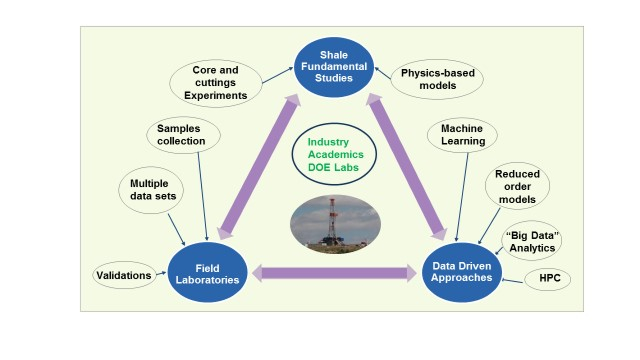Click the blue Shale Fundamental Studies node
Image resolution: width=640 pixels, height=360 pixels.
[x=334, y=67]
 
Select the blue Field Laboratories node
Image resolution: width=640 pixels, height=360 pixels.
[x=207, y=274]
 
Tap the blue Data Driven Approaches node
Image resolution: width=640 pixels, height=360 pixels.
[x=462, y=272]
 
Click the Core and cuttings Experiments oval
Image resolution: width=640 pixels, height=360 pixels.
[x=215, y=83]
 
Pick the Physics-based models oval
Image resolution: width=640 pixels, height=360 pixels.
[x=437, y=79]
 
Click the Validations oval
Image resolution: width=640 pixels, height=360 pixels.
[x=124, y=275]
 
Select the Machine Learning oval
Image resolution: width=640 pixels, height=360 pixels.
[x=462, y=135]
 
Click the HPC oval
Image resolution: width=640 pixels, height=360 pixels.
[x=547, y=278]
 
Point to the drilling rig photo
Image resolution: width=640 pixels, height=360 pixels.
[x=335, y=223]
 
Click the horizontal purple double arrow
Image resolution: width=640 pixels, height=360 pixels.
[x=334, y=274]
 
